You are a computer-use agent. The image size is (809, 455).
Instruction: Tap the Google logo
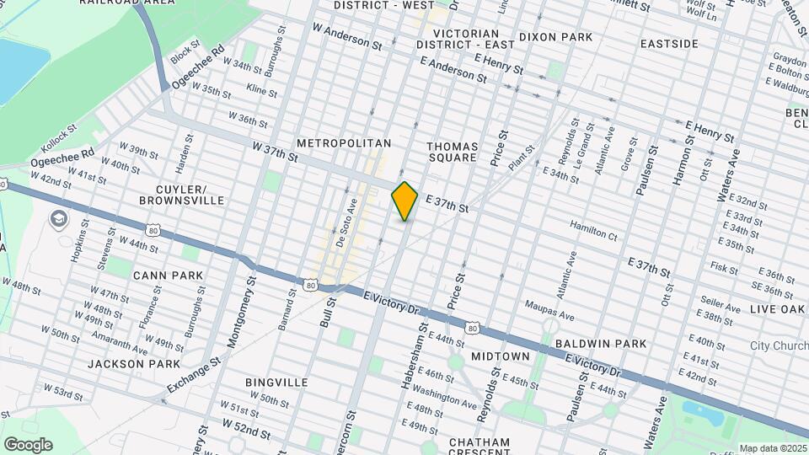(28, 445)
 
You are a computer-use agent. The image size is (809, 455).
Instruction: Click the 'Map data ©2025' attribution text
(772, 448)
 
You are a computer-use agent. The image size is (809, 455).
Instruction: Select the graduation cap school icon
(58, 221)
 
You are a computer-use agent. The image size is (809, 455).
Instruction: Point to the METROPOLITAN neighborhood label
(343, 144)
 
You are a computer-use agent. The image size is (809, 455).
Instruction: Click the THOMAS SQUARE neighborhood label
(453, 152)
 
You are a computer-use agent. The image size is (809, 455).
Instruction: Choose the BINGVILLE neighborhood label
(276, 383)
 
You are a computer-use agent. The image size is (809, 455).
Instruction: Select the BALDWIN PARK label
(601, 344)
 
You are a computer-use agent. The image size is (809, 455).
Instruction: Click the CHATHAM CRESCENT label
(480, 447)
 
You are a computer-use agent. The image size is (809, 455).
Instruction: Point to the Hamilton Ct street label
(593, 226)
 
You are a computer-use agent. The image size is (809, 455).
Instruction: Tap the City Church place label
(779, 346)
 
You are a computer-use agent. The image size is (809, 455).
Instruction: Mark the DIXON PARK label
(555, 37)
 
